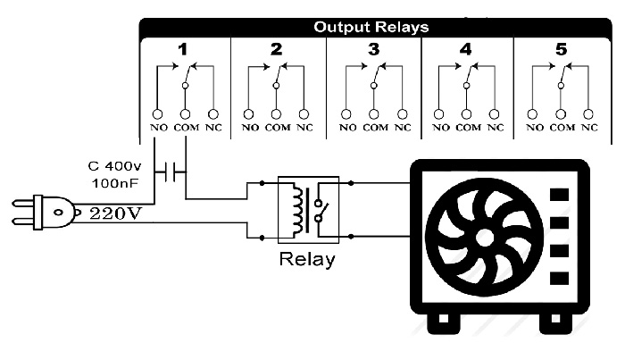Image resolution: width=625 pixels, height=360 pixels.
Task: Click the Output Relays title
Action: tap(371, 27)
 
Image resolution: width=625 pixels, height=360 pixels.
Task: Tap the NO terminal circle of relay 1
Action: tap(157, 114)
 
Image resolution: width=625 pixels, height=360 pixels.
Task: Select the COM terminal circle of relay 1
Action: tap(185, 114)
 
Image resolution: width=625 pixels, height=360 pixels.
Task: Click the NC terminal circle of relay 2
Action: tap(304, 114)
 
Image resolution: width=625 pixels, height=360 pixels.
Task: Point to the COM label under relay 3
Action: tap(375, 128)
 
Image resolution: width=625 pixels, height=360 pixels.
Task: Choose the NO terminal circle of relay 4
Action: tap(438, 114)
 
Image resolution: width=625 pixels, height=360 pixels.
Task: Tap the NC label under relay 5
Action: tap(589, 128)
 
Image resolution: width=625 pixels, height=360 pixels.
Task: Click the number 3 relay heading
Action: tap(373, 49)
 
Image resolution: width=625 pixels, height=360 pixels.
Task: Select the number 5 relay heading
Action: tap(561, 49)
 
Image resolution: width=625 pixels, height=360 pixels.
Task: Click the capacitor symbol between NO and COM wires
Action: tap(171, 172)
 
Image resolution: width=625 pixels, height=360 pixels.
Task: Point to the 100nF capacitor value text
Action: tap(115, 183)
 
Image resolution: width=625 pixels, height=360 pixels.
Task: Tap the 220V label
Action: tap(115, 213)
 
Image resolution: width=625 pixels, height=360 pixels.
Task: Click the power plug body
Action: tap(54, 212)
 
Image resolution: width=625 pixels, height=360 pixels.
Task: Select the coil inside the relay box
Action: tap(297, 210)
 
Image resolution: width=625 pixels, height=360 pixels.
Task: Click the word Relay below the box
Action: tap(307, 259)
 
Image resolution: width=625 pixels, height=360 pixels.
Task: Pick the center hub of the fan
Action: tap(485, 237)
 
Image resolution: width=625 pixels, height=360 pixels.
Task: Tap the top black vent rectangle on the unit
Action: tap(559, 195)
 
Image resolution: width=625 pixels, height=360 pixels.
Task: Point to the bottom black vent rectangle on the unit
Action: tap(559, 278)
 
